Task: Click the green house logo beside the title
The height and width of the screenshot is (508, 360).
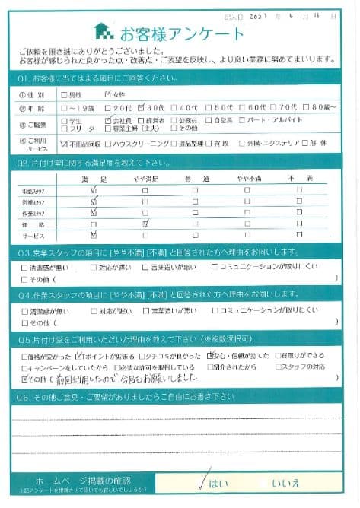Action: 103,32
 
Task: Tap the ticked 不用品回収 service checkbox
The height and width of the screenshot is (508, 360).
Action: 63,142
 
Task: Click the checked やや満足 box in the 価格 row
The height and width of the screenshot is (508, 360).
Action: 145,224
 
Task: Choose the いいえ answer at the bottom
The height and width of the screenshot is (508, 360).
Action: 286,482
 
